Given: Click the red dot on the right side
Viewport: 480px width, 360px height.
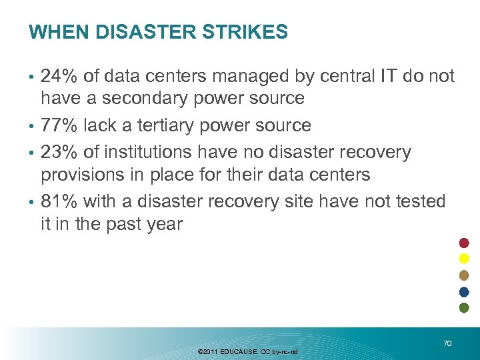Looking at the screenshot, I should pos(465,242).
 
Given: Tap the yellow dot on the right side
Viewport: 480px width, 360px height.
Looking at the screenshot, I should pos(465,259).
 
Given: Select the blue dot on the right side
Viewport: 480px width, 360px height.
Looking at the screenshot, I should pos(465,291).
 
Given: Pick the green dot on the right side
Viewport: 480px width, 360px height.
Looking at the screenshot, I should pos(465,307).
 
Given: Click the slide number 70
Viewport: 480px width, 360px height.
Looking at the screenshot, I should pos(447,343).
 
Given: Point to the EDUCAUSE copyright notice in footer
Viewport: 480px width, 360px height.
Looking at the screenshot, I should pos(248,351).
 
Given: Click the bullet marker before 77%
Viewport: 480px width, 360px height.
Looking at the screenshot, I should pos(32,126).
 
